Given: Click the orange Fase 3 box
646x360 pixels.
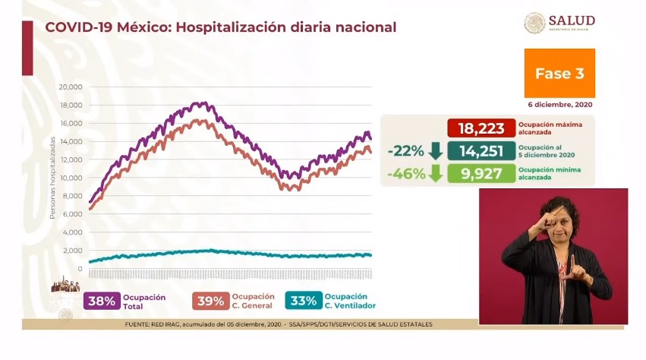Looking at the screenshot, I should click(x=559, y=74).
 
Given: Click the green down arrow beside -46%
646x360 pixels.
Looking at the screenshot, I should click(x=436, y=173).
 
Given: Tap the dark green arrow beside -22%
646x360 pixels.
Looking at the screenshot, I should click(x=436, y=150).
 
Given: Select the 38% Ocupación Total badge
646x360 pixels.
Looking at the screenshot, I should click(x=101, y=301).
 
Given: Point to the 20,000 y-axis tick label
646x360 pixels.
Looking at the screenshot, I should click(x=70, y=87).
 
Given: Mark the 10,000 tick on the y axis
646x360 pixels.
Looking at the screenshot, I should click(x=70, y=178).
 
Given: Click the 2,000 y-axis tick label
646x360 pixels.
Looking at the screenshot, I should click(x=71, y=251).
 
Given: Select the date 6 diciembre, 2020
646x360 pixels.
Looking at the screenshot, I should click(x=562, y=104).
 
